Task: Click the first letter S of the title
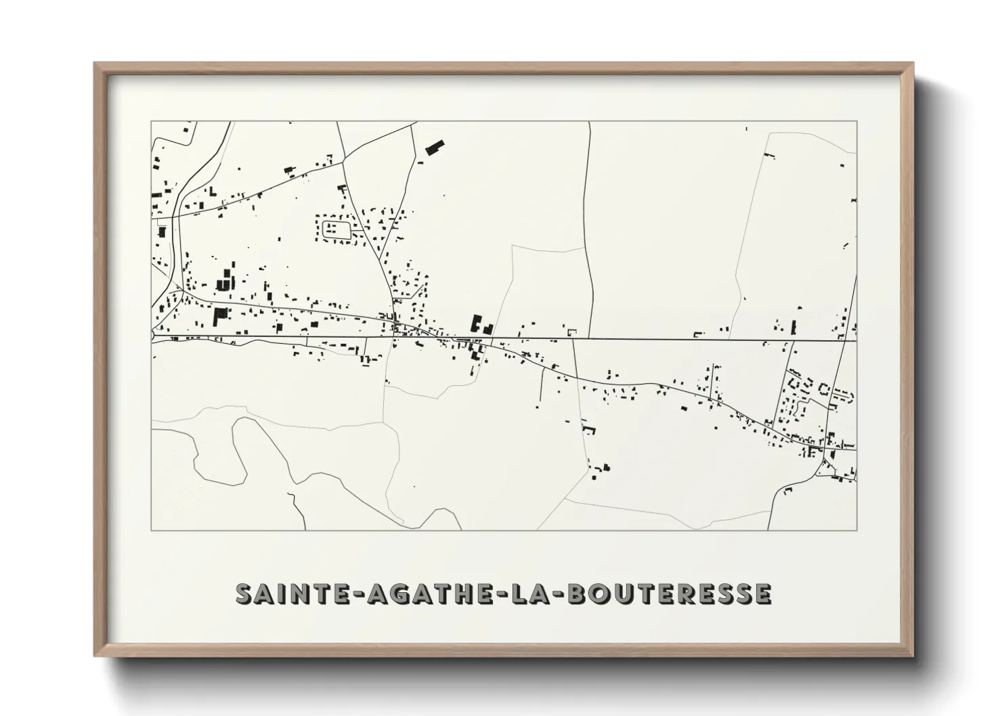pos(244,594)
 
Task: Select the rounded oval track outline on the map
pos(335,229)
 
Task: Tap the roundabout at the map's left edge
pos(154,335)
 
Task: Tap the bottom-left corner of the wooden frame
pos(96,655)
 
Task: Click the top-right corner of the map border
pos(856,122)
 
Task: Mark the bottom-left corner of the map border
pos(151,530)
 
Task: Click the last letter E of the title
pos(762,594)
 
